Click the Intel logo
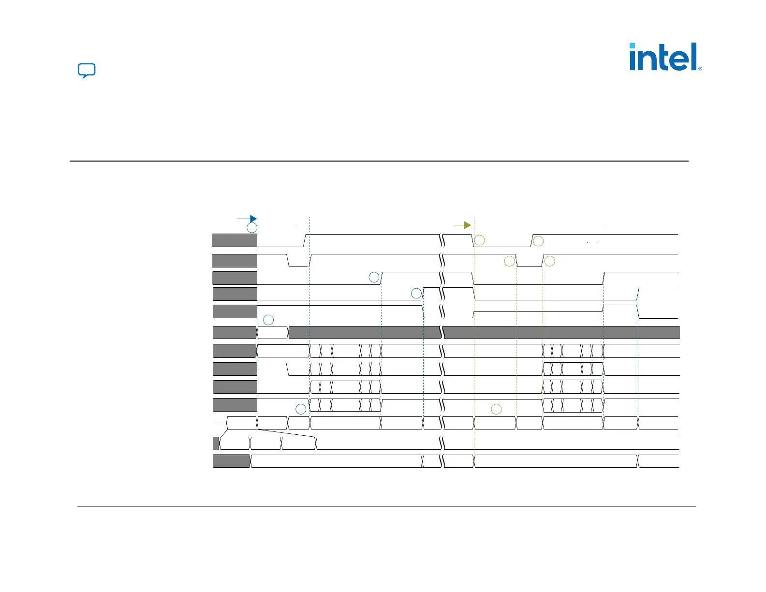pyautogui.click(x=665, y=57)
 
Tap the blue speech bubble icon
pyautogui.click(x=87, y=71)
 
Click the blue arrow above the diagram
pyautogui.click(x=247, y=219)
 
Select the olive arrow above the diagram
pyautogui.click(x=463, y=225)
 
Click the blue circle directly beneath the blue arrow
pyautogui.click(x=252, y=227)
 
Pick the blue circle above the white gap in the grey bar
pyautogui.click(x=268, y=320)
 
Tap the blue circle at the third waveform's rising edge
pyautogui.click(x=374, y=277)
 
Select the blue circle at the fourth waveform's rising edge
pyautogui.click(x=416, y=293)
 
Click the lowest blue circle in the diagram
pyautogui.click(x=301, y=409)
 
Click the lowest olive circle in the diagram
pyautogui.click(x=496, y=409)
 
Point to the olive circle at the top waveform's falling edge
pyautogui.click(x=479, y=240)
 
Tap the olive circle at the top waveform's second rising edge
pyautogui.click(x=538, y=241)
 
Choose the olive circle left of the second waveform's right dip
pyautogui.click(x=509, y=261)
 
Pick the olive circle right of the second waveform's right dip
pyautogui.click(x=550, y=261)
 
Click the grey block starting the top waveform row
pyautogui.click(x=235, y=240)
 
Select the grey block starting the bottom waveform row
pyautogui.click(x=232, y=461)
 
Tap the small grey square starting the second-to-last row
pyautogui.click(x=216, y=443)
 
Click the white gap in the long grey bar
pyautogui.click(x=272, y=332)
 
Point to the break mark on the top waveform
pyautogui.click(x=442, y=240)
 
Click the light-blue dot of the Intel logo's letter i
pyautogui.click(x=632, y=45)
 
